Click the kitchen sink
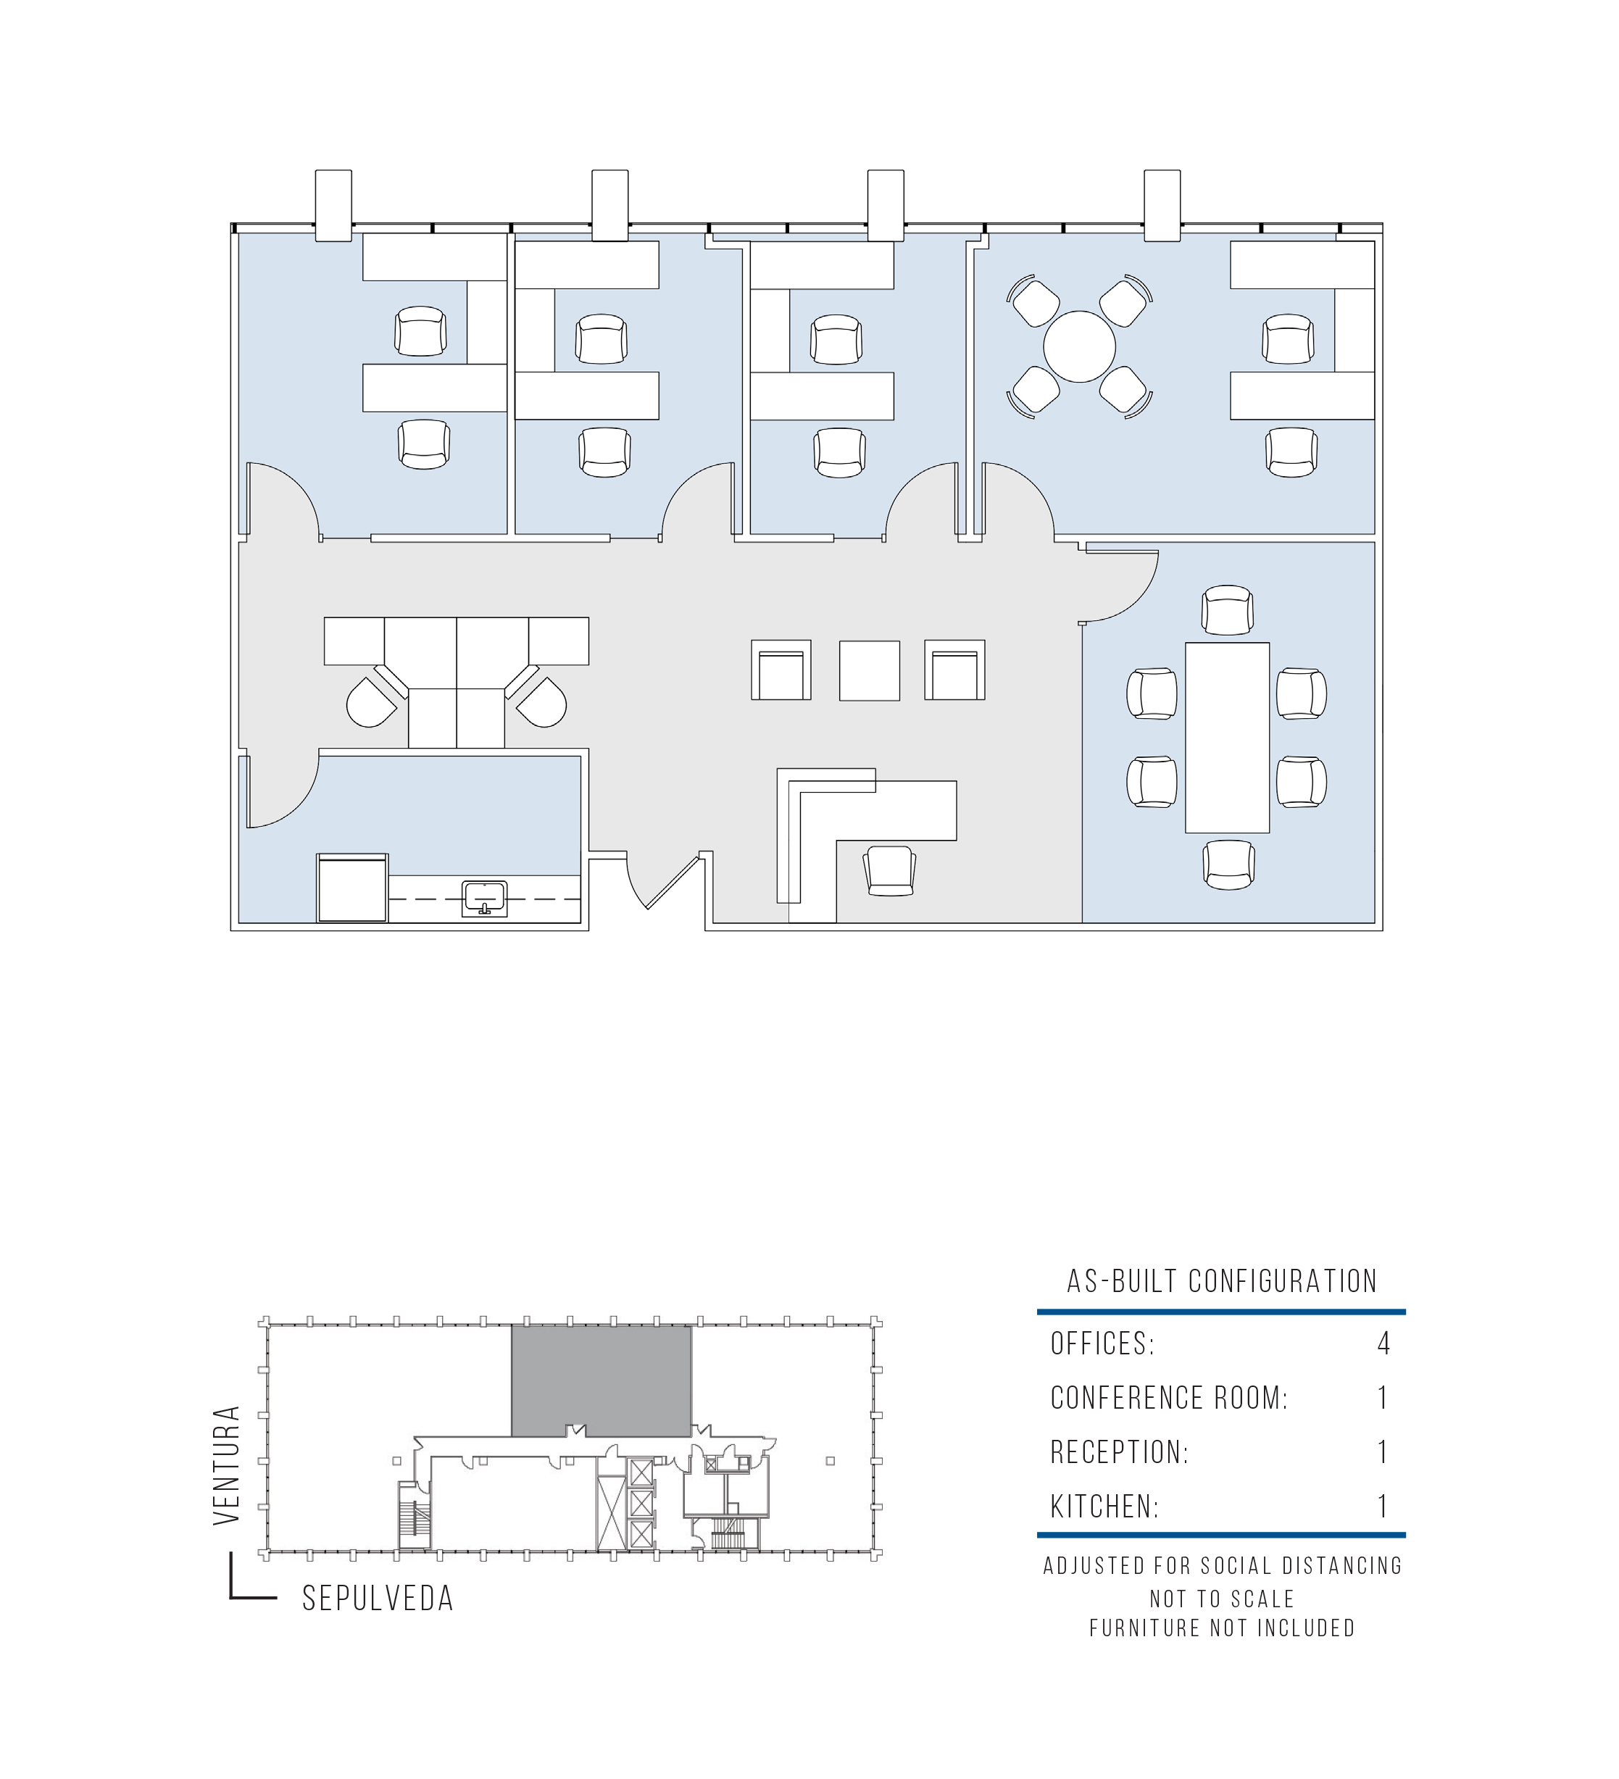pyautogui.click(x=484, y=897)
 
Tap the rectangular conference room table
pyautogui.click(x=1226, y=737)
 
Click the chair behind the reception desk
pyautogui.click(x=889, y=870)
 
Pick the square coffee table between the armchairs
pyautogui.click(x=869, y=670)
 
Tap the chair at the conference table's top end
pyautogui.click(x=1226, y=609)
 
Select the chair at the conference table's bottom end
pyautogui.click(x=1227, y=864)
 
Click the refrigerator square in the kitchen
pyautogui.click(x=352, y=888)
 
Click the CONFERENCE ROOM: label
pyautogui.click(x=1169, y=1398)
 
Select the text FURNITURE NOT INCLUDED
pyautogui.click(x=1222, y=1628)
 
